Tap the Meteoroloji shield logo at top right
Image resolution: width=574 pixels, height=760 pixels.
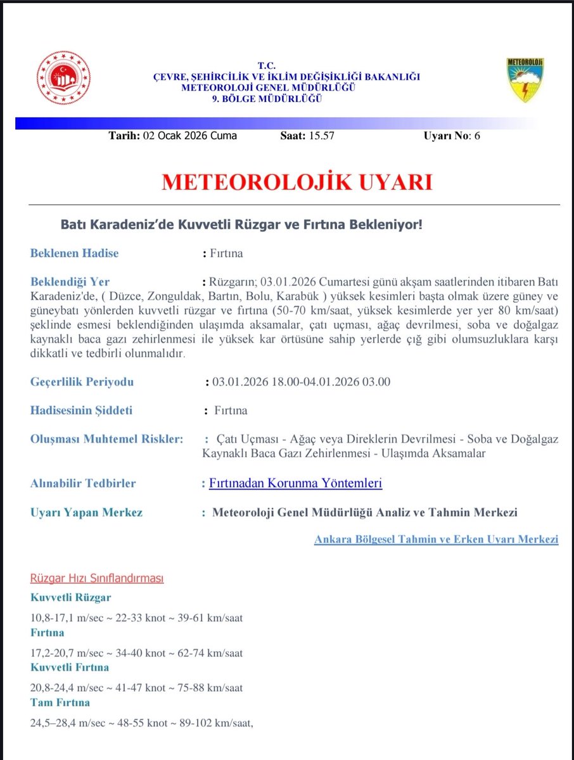(x=525, y=80)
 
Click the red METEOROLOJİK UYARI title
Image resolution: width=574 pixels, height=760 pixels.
(x=297, y=182)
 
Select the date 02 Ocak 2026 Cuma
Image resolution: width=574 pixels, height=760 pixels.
(x=189, y=136)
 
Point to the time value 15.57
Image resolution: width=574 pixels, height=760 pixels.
(x=320, y=136)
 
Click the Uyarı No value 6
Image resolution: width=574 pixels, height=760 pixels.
(x=477, y=136)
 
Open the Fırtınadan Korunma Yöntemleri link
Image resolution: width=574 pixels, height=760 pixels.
(x=295, y=483)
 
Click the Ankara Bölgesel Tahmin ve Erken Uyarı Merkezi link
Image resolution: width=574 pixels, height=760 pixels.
(x=436, y=540)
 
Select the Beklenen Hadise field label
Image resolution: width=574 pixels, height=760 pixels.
(x=74, y=253)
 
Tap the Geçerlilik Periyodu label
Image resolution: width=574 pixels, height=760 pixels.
(x=82, y=382)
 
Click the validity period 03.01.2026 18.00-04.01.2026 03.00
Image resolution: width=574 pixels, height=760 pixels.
(x=301, y=382)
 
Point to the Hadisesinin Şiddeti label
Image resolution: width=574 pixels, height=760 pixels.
(x=81, y=410)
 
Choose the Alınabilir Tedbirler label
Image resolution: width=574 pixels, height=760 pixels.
(x=83, y=483)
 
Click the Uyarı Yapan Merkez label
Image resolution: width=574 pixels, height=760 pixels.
(x=86, y=512)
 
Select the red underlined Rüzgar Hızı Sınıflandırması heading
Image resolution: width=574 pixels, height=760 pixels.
(x=97, y=579)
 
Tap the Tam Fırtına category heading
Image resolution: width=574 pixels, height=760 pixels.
(x=60, y=702)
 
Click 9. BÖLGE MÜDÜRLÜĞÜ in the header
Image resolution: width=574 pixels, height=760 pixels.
(x=267, y=98)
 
